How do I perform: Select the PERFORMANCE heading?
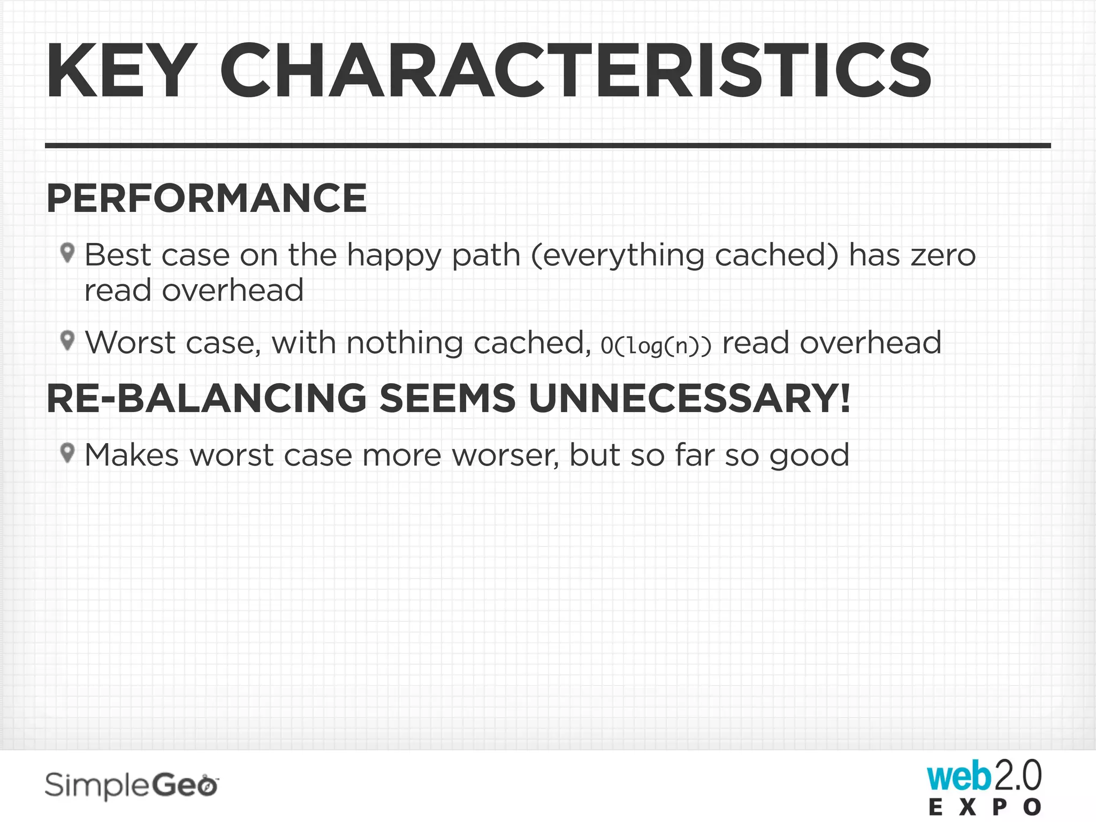pos(207,199)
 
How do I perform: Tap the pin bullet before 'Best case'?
pos(67,253)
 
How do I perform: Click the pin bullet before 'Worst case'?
pos(67,340)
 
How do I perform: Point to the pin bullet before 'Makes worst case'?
pos(67,453)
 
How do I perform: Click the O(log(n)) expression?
pos(656,345)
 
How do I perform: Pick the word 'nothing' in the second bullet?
pos(405,343)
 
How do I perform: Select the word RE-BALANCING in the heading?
pos(207,399)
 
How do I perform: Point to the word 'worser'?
pos(505,455)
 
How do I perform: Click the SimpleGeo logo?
pos(132,786)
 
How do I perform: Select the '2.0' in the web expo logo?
pos(1017,776)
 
